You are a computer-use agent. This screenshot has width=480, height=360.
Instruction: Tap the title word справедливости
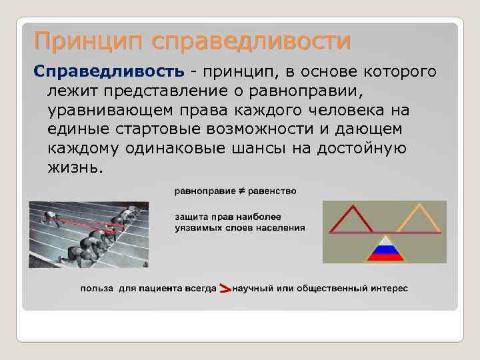point(251,41)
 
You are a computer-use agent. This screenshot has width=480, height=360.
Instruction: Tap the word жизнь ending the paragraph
point(75,167)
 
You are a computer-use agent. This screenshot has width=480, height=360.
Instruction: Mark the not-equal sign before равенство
point(242,192)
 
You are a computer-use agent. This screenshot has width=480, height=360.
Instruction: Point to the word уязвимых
point(201,227)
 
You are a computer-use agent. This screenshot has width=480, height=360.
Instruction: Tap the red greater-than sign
point(225,289)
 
